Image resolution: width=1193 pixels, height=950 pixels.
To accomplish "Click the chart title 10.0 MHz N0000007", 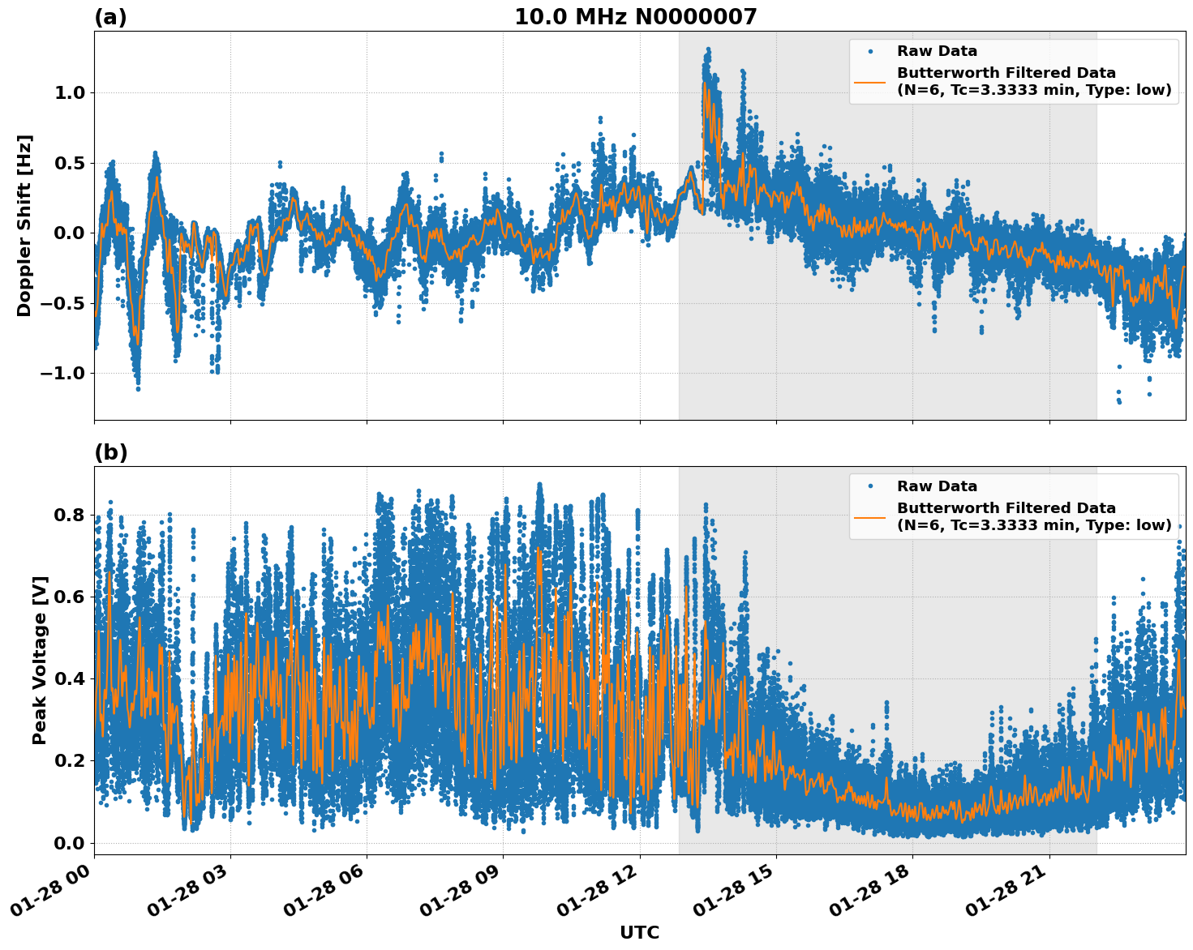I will pos(635,17).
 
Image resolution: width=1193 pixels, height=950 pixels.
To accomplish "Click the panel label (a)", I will pos(110,17).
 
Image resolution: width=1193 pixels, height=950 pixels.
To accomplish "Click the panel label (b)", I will pos(110,452).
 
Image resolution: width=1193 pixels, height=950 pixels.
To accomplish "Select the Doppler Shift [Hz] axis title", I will pos(24,225).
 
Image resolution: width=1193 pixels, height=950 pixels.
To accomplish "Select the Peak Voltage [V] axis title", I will pos(40,660).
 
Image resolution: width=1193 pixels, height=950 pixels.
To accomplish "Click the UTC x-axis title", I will pos(639,932).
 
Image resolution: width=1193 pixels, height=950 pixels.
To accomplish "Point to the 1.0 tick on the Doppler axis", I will pos(69,93).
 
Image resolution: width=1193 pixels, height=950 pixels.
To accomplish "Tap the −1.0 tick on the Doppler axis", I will pos(63,374).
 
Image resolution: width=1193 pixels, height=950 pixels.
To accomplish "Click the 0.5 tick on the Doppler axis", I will pos(69,163).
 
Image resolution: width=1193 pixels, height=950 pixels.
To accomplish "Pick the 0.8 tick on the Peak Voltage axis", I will pos(69,516).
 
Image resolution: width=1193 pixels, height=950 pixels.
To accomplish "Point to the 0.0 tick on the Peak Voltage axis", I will pos(69,843).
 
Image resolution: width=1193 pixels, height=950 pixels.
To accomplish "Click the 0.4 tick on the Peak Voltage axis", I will pos(69,679).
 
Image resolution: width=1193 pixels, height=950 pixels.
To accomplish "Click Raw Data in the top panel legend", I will pos(937,51).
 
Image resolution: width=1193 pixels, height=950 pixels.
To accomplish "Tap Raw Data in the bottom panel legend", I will pos(937,486).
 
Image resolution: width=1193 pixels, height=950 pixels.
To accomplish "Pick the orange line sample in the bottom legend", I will pos(870,517).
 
